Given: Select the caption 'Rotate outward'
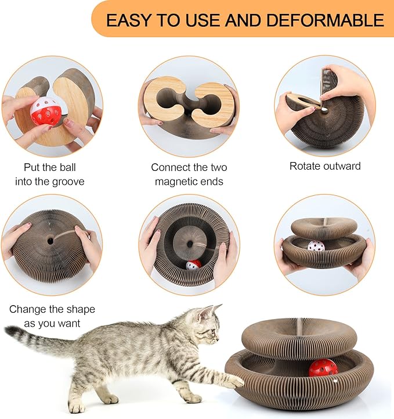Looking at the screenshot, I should click(x=325, y=166).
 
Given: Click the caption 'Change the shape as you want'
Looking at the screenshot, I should click(x=52, y=316).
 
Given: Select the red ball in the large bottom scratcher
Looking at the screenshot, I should click(x=323, y=367).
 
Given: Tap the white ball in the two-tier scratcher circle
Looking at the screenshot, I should click(x=315, y=246).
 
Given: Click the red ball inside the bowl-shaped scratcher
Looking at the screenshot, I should click(x=193, y=264).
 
